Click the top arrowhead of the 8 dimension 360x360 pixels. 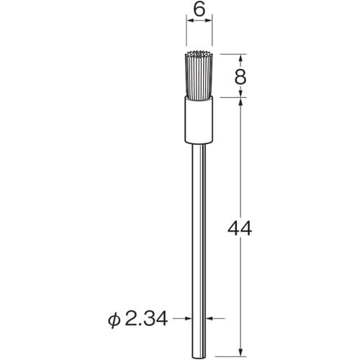(240, 56)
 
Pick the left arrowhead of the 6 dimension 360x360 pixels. (190, 22)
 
